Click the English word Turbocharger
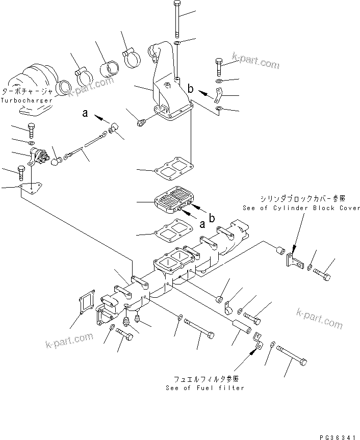click(x=27, y=100)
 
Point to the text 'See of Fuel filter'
click(x=204, y=388)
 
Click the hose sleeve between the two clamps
click(x=108, y=68)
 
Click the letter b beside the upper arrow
click(x=191, y=89)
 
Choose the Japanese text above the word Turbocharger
click(x=27, y=92)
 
